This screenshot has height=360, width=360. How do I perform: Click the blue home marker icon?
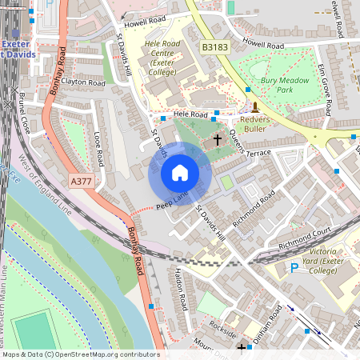(180, 173)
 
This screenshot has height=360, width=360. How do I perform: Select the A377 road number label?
(81, 182)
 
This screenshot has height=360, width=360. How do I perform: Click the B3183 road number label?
(214, 48)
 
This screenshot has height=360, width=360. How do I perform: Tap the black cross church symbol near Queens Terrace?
(217, 140)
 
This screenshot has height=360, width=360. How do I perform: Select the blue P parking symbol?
(294, 267)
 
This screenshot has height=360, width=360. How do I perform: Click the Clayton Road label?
(83, 82)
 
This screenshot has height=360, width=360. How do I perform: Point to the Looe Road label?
(99, 148)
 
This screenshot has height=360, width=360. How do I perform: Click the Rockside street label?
(219, 329)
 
